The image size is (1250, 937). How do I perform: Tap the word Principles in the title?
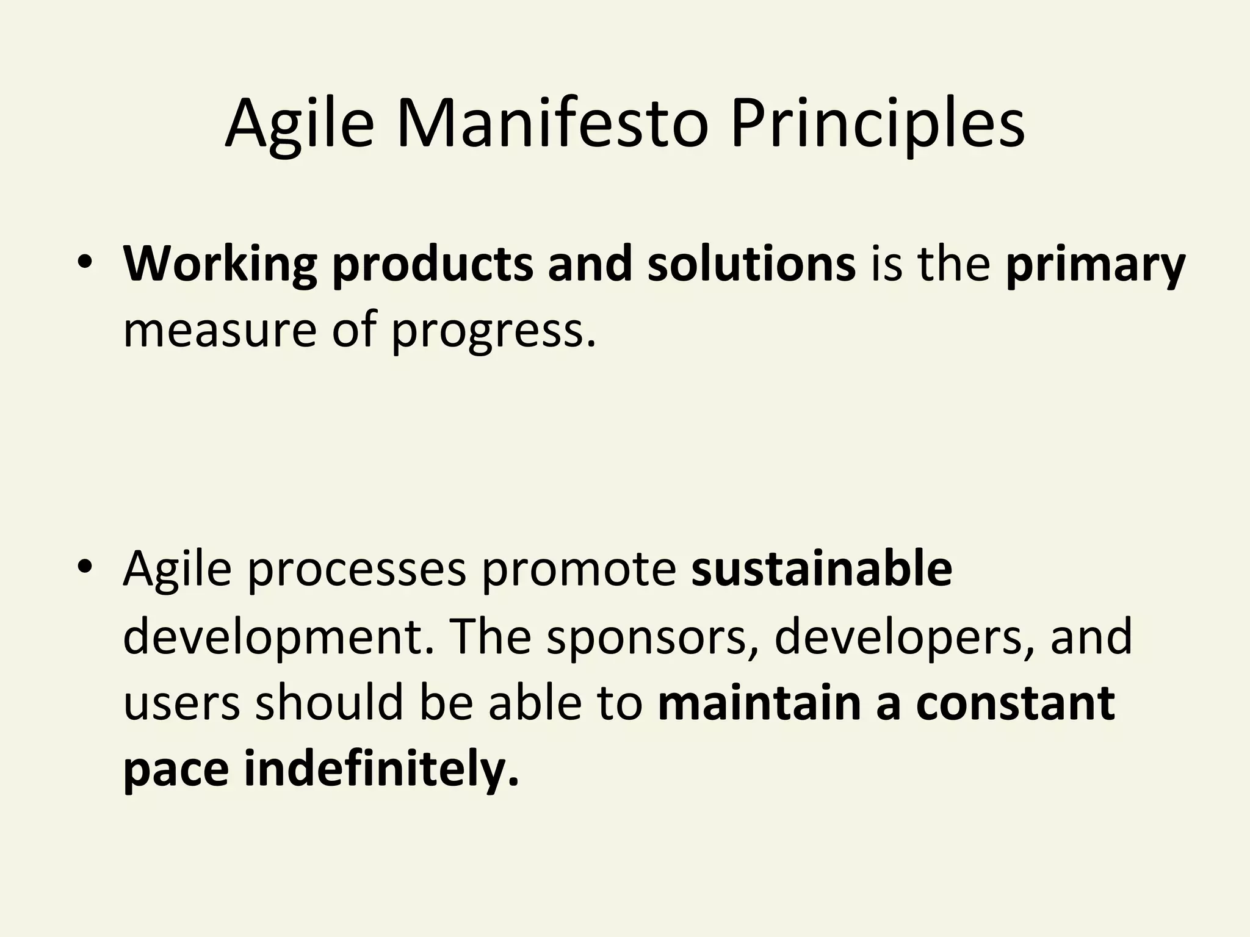[x=877, y=124]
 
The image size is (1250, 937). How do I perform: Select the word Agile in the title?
[x=299, y=124]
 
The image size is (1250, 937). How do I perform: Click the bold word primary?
[x=1095, y=265]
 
